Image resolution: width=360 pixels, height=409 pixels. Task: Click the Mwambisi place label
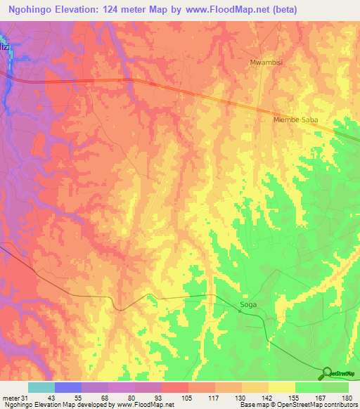(264, 63)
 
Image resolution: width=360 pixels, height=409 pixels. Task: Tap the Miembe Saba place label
(295, 120)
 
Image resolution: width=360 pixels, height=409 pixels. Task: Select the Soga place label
(248, 305)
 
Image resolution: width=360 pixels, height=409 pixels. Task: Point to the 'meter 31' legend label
(13, 398)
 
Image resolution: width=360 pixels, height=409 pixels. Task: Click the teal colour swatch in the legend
(41, 387)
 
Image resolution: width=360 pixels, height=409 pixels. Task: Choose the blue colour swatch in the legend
(68, 387)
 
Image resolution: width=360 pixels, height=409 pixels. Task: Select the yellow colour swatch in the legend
(282, 387)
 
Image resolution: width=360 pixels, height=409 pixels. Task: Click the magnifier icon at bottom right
(326, 373)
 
